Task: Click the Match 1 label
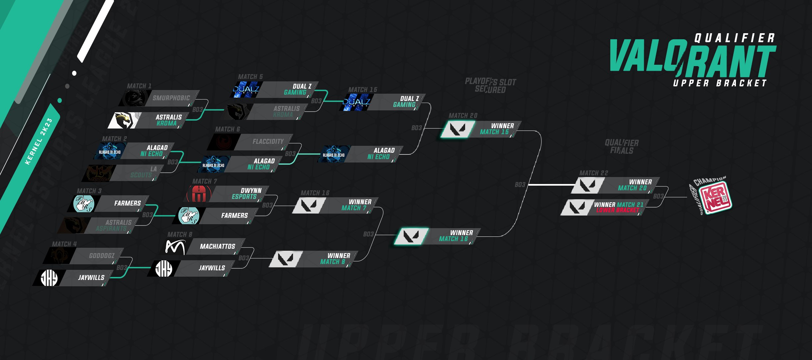click(x=139, y=86)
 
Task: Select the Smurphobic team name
click(x=171, y=98)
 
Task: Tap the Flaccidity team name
click(x=268, y=141)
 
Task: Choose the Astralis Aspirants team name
click(x=114, y=225)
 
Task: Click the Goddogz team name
click(x=102, y=256)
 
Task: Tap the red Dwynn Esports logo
click(x=199, y=194)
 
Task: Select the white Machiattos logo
click(x=175, y=247)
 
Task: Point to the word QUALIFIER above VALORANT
click(x=735, y=38)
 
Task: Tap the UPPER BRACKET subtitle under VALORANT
click(x=720, y=83)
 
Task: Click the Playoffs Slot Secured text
click(x=490, y=85)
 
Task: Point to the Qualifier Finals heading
click(x=622, y=146)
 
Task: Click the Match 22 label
click(x=594, y=173)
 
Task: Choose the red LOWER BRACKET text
click(x=618, y=210)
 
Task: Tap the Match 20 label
click(x=463, y=116)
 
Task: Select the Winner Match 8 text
click(x=335, y=259)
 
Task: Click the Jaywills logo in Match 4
click(x=49, y=278)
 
